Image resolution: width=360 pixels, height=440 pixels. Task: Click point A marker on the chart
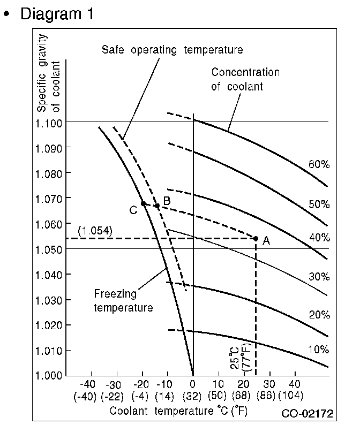click(256, 239)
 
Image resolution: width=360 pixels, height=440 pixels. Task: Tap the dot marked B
click(157, 206)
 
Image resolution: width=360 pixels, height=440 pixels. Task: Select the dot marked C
click(143, 204)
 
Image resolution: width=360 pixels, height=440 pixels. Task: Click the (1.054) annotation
click(95, 231)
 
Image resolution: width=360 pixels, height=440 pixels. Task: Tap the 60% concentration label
click(318, 164)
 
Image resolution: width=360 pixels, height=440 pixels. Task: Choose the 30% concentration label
click(318, 277)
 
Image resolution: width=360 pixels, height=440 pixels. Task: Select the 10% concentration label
click(318, 350)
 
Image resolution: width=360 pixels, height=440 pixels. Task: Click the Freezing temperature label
click(123, 301)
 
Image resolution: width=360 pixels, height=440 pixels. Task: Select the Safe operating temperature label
click(172, 50)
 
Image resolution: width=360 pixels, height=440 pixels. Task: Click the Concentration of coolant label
click(245, 79)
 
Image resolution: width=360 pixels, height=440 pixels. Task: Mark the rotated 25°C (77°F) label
click(239, 356)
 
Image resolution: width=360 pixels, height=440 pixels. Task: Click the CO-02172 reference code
click(307, 413)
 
